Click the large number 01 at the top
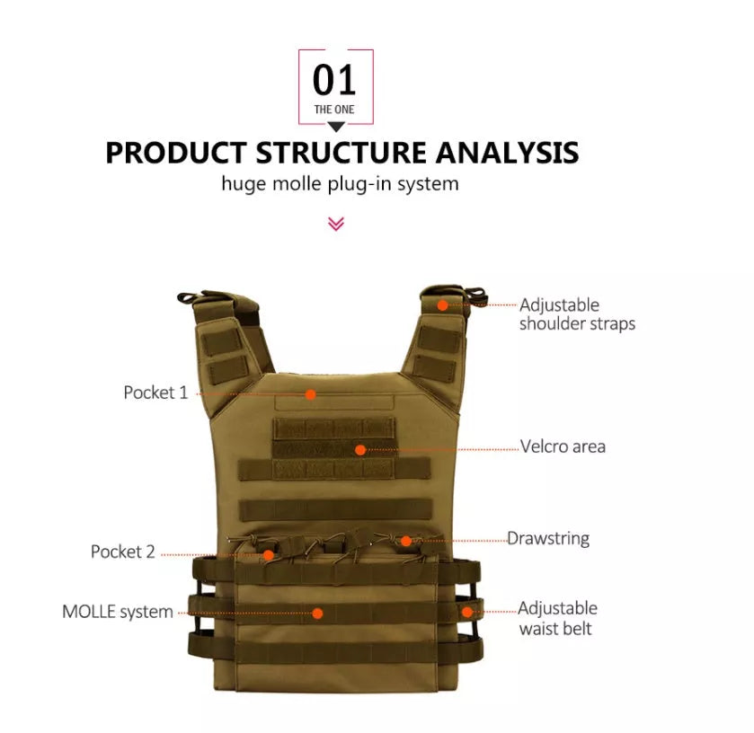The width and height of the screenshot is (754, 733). click(x=334, y=80)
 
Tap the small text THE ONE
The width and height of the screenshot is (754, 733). click(x=334, y=110)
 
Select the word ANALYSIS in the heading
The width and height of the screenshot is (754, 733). click(x=507, y=152)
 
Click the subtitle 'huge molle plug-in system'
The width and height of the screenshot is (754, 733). click(x=340, y=184)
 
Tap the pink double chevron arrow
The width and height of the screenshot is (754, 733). click(x=336, y=223)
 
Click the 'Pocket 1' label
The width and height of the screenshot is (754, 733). click(x=156, y=393)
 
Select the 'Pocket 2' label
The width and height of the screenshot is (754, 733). click(x=123, y=552)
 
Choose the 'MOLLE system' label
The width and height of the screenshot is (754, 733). click(x=118, y=612)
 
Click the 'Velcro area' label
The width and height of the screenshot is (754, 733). click(x=563, y=446)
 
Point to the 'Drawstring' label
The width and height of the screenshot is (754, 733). click(x=548, y=539)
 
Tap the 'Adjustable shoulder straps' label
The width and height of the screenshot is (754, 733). click(x=576, y=314)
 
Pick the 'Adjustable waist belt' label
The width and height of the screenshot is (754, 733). click(x=557, y=619)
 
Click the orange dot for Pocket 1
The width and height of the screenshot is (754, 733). click(x=310, y=393)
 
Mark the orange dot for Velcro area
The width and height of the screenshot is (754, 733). click(x=360, y=449)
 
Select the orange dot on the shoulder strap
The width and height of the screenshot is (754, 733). click(x=442, y=305)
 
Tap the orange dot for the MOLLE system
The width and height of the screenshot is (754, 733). click(x=317, y=614)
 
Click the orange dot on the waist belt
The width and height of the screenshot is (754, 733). click(x=466, y=612)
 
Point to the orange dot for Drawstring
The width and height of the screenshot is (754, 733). click(x=406, y=541)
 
